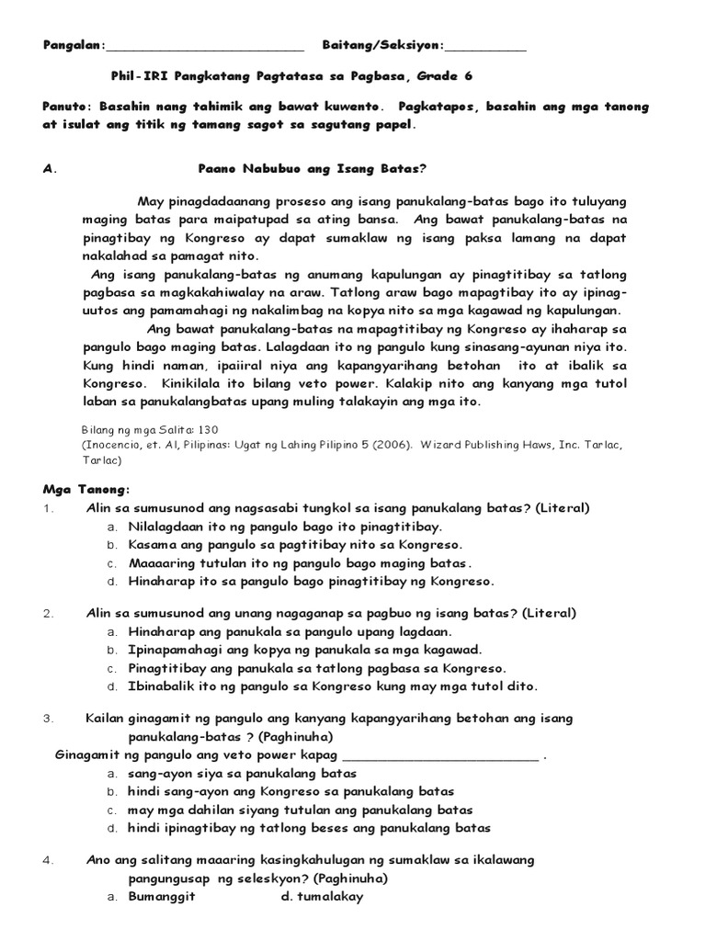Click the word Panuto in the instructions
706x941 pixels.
tap(66, 107)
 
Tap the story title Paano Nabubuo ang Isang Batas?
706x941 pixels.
tap(313, 169)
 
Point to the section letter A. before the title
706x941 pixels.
tap(50, 169)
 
